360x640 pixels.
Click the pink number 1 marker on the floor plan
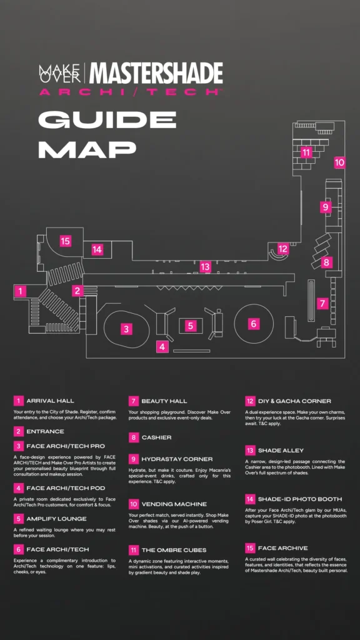point(19,291)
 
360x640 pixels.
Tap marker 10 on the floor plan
point(339,162)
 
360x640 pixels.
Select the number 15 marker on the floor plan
point(65,241)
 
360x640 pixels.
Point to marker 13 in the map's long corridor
point(205,267)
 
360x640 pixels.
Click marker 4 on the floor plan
point(162,347)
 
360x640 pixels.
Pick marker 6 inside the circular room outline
point(254,324)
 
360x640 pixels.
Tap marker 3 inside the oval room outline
point(126,329)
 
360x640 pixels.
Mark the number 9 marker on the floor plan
point(325,207)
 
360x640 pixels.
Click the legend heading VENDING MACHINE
point(174,504)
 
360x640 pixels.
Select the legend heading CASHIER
point(156,437)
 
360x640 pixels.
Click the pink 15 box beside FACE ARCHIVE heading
point(250,547)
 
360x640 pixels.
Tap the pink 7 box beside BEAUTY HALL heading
point(134,401)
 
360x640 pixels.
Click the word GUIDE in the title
point(107,119)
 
